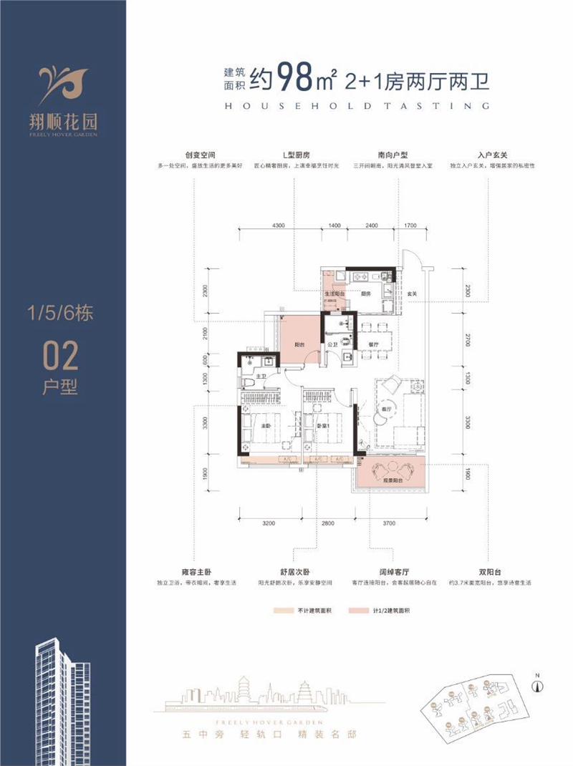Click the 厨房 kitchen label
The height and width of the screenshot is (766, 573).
[x=365, y=294]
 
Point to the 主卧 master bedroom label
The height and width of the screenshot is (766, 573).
[x=264, y=427]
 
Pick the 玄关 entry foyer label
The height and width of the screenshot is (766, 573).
[x=413, y=294]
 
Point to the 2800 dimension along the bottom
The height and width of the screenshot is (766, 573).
[x=329, y=524]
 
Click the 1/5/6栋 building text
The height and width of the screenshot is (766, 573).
[x=61, y=313]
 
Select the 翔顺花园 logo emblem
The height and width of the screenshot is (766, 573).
[x=63, y=79]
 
